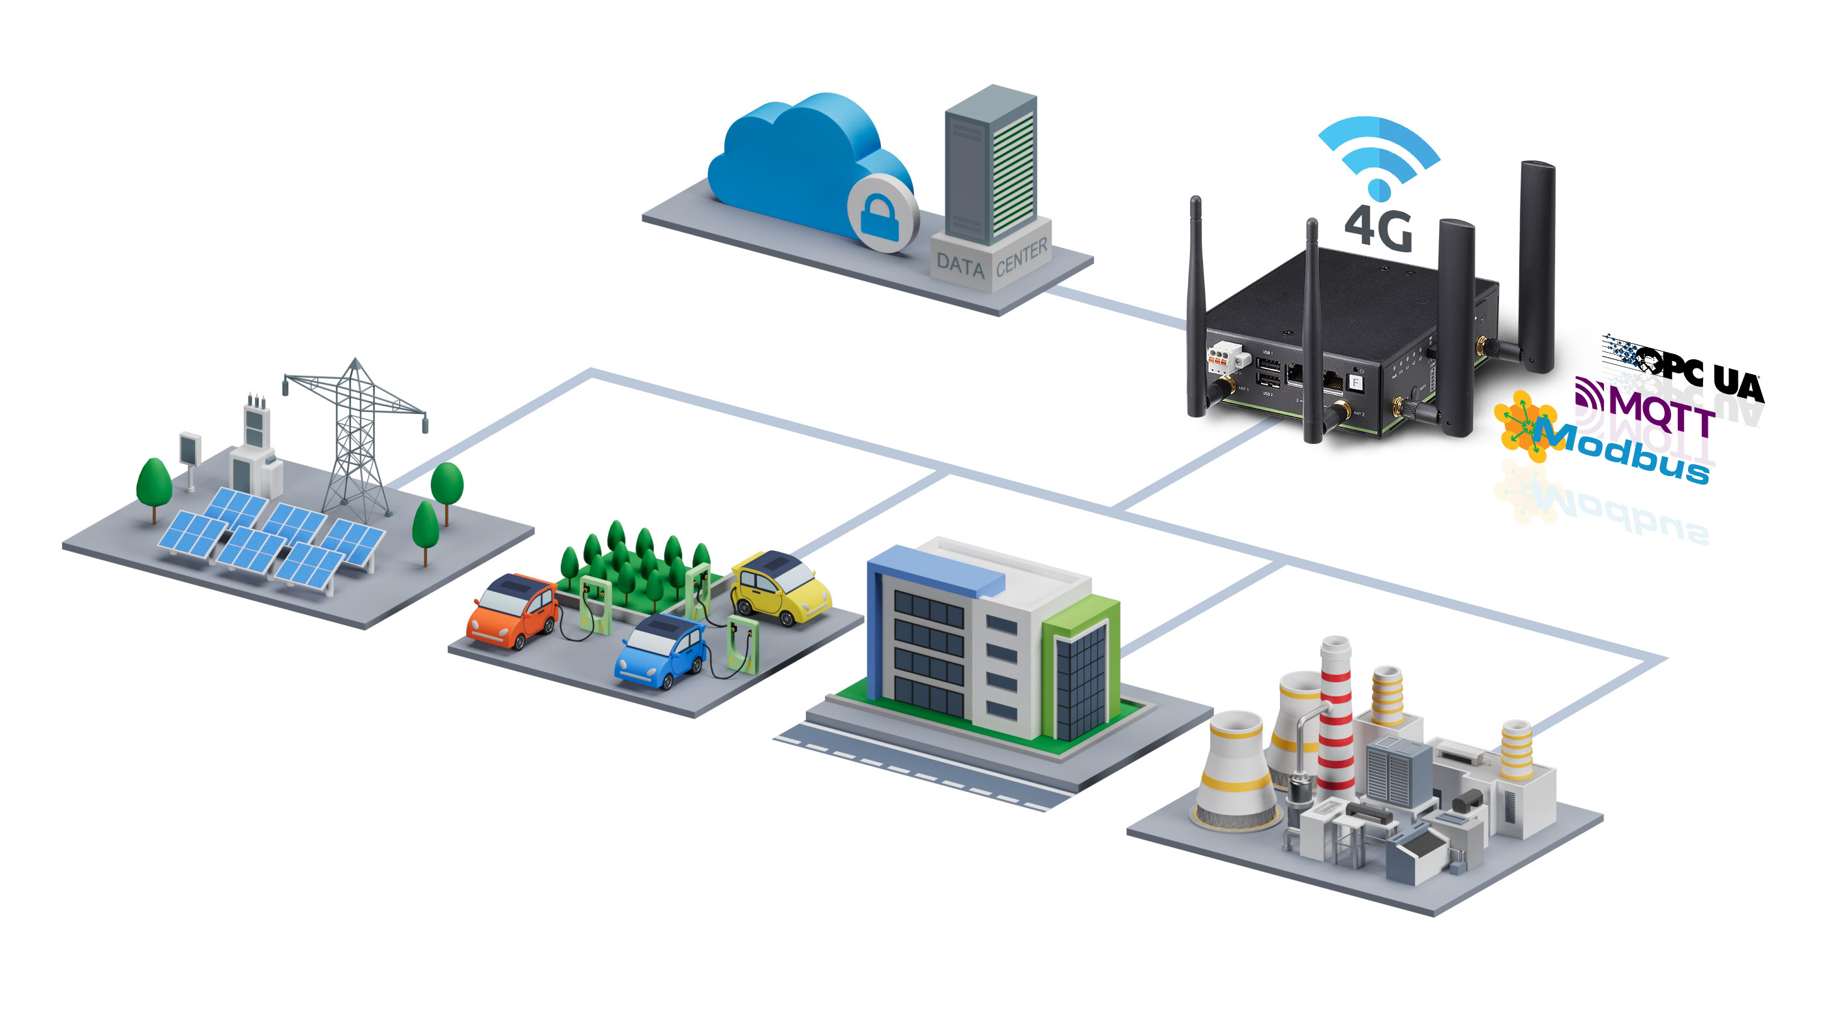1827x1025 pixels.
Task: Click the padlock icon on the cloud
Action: coord(880,216)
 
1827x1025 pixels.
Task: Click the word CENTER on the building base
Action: coord(1021,257)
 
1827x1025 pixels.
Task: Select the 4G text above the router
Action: coord(1378,228)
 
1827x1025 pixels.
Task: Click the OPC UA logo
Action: coord(1688,369)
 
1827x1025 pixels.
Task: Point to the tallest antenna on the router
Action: coord(1536,263)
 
